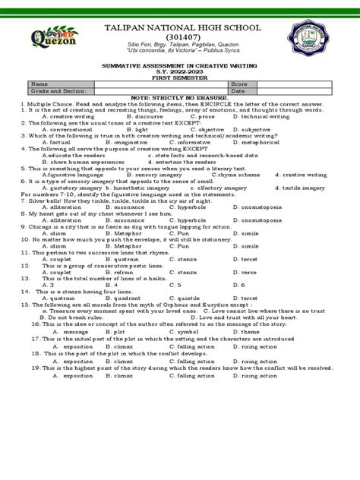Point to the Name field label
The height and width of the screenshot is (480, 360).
39,84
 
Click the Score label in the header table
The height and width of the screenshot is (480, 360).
239,84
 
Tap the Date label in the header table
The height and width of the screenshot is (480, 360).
238,90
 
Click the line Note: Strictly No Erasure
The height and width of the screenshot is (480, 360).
180,96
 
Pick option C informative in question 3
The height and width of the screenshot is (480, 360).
192,141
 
